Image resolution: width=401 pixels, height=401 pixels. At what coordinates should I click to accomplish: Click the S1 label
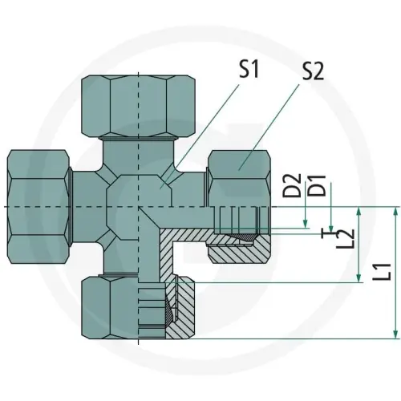point(249,69)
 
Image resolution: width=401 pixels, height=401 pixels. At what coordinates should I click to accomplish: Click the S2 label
point(313,71)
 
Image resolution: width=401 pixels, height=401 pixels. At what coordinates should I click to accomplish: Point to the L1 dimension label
point(382,272)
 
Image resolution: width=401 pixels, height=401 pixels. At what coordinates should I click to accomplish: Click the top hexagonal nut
point(138,106)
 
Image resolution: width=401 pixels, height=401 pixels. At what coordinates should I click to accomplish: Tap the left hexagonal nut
point(39,207)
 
